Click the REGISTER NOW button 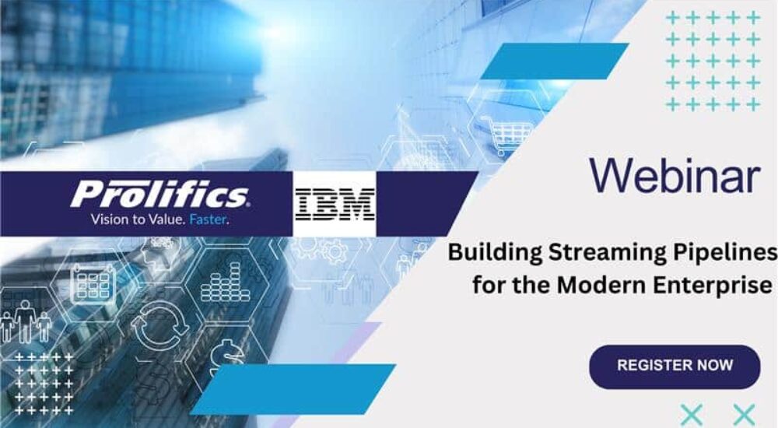coord(675,365)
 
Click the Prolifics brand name coord(159,195)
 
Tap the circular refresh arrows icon coord(159,328)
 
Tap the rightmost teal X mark coord(744,415)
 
